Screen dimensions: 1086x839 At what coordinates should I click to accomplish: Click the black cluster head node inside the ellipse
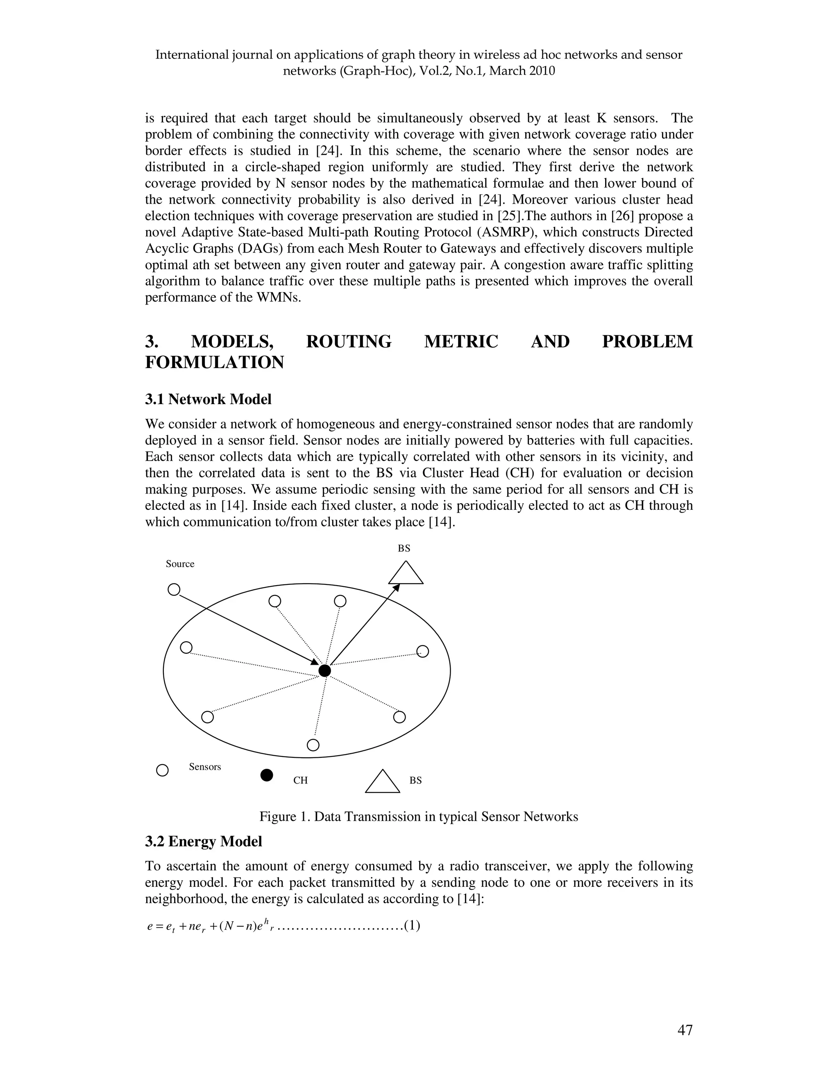pos(324,671)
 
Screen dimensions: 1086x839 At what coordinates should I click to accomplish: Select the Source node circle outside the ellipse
pos(173,590)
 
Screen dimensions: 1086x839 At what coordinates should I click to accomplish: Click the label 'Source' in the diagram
pos(180,564)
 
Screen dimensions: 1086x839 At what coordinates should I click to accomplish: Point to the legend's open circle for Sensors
pos(163,770)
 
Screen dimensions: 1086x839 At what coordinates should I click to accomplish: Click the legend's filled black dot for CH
pos(267,775)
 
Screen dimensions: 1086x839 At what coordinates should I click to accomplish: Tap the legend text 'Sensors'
pos(205,767)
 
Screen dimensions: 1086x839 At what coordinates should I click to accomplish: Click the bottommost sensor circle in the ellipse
pos(313,745)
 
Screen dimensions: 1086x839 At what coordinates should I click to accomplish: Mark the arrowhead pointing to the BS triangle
pos(396,588)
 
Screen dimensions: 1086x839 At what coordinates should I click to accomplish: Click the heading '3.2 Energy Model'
pos(203,841)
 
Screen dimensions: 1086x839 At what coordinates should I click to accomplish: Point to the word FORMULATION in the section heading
pos(214,363)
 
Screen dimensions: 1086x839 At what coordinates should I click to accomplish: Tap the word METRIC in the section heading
pos(461,342)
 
